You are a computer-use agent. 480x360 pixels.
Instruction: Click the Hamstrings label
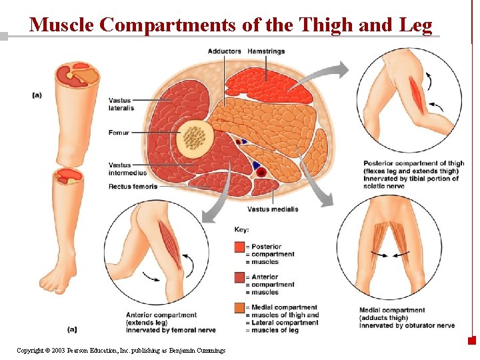(265, 51)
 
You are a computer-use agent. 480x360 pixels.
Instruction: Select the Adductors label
(225, 51)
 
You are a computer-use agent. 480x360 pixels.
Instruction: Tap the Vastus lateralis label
(121, 104)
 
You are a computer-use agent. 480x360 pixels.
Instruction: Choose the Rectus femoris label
(133, 187)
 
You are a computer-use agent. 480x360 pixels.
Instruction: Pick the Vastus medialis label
(273, 209)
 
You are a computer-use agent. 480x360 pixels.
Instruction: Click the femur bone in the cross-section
(195, 137)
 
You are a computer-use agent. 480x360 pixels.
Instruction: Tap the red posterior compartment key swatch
(239, 247)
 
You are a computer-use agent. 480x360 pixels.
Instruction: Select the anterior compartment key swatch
(239, 277)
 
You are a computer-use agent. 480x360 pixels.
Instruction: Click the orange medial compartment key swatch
(239, 308)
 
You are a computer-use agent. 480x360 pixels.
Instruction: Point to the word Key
(241, 230)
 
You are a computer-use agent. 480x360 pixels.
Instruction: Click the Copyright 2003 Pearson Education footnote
(121, 350)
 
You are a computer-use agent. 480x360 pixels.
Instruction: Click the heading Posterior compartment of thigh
(413, 163)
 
